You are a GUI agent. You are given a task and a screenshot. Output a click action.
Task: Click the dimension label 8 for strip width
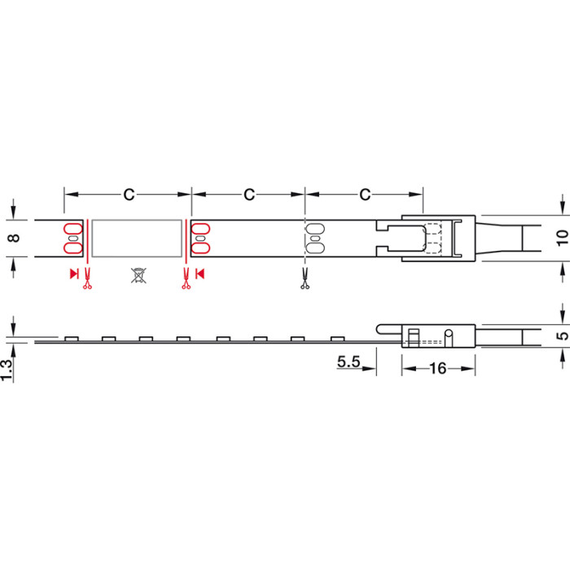tap(14, 238)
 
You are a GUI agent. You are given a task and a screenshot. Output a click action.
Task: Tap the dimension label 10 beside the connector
tap(562, 238)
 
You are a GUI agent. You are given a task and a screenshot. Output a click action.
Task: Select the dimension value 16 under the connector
tap(438, 369)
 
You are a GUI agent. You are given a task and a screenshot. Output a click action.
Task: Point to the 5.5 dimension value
tap(349, 362)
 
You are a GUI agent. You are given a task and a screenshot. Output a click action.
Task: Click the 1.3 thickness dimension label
tap(7, 370)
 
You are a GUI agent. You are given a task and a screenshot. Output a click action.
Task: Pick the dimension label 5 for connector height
tap(563, 335)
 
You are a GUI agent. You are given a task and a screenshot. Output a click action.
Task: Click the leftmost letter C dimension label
tap(129, 195)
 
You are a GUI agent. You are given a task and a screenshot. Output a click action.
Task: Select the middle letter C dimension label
tap(249, 195)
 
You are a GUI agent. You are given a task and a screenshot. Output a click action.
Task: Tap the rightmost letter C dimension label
tap(365, 195)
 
